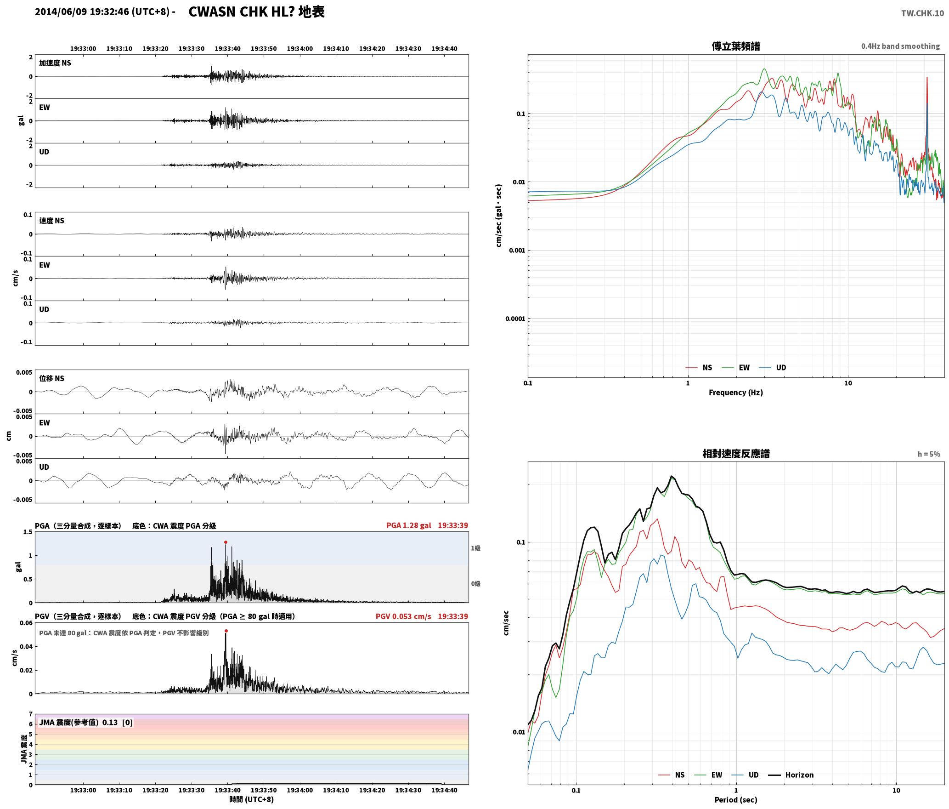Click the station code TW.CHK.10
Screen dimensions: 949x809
tap(922, 13)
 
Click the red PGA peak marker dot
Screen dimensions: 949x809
tap(226, 542)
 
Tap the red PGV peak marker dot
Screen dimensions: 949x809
tap(226, 631)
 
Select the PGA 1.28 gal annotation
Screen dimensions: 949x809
tap(408, 525)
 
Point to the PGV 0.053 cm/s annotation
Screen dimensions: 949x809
tap(403, 616)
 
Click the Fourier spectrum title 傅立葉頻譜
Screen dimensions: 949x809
tap(735, 46)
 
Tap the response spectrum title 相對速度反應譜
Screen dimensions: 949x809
tap(736, 454)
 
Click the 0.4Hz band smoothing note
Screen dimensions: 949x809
tap(900, 46)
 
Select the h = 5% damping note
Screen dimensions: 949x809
tap(929, 454)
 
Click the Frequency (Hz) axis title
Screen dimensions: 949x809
tap(735, 393)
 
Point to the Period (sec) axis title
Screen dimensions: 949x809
tap(735, 800)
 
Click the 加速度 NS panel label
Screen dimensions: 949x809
tap(55, 63)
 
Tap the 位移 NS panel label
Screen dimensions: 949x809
tap(51, 378)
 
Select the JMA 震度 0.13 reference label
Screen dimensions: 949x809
tap(86, 723)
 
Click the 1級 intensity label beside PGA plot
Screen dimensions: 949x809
tap(475, 548)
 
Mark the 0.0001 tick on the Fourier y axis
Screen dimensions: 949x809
tap(515, 319)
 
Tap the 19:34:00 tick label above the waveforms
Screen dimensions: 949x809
tap(299, 49)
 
